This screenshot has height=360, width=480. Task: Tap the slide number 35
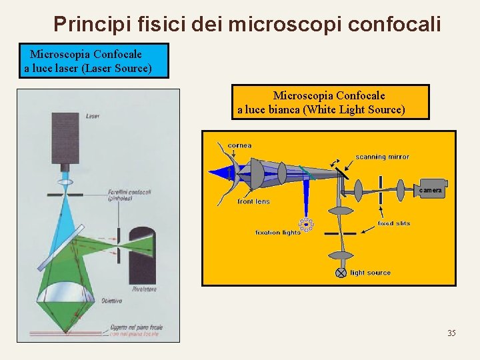tap(451, 333)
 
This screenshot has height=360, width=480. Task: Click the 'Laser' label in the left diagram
tap(93, 116)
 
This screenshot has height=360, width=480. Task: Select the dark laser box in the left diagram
tap(65, 139)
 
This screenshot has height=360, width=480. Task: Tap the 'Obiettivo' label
tap(111, 301)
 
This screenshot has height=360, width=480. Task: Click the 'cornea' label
tap(240, 145)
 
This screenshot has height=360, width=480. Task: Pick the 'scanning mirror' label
tap(382, 157)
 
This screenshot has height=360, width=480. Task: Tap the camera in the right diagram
tap(431, 190)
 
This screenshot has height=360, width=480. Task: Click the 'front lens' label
tap(254, 201)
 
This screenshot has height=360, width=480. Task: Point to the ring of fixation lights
tap(307, 225)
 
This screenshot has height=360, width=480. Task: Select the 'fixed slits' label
tap(393, 223)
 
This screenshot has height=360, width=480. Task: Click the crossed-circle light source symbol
tap(341, 273)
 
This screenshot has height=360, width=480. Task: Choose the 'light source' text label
tap(371, 273)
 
